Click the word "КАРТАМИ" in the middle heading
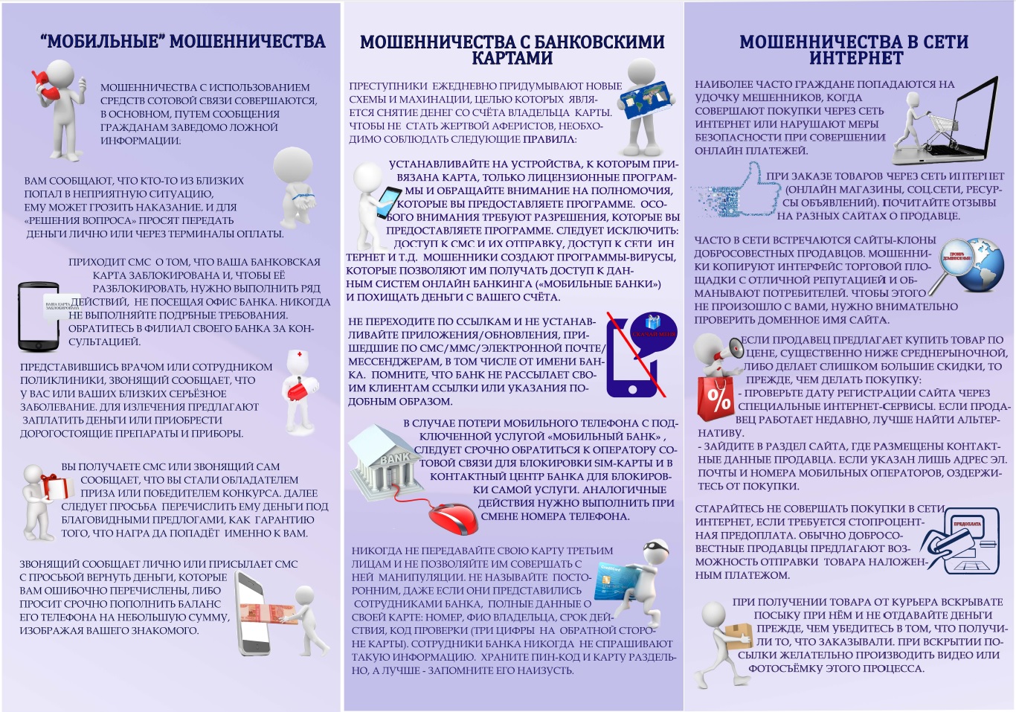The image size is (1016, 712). (x=512, y=59)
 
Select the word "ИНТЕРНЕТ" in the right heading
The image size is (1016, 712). (x=855, y=59)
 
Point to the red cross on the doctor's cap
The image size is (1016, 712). (x=299, y=355)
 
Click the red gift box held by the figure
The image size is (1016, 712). (x=56, y=487)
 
